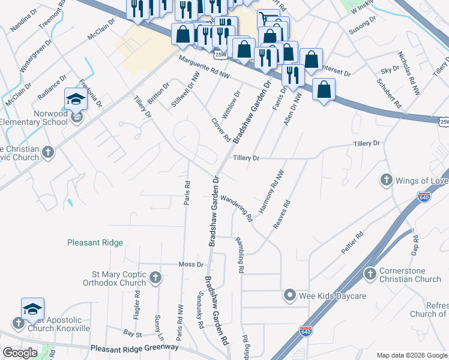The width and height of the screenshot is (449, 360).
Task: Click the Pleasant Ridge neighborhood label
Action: coord(95,243)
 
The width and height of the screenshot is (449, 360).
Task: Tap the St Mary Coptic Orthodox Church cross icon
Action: coord(155,277)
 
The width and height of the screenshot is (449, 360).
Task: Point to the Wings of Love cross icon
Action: coord(387,180)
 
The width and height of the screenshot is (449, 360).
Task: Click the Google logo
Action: coord(20,353)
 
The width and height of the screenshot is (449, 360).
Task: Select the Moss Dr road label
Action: coord(192,265)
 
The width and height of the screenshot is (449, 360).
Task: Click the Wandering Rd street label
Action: coord(236,208)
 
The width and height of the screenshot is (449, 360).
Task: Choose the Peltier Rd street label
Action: coord(353,243)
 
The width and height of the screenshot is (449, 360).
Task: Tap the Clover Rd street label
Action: coord(221,129)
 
